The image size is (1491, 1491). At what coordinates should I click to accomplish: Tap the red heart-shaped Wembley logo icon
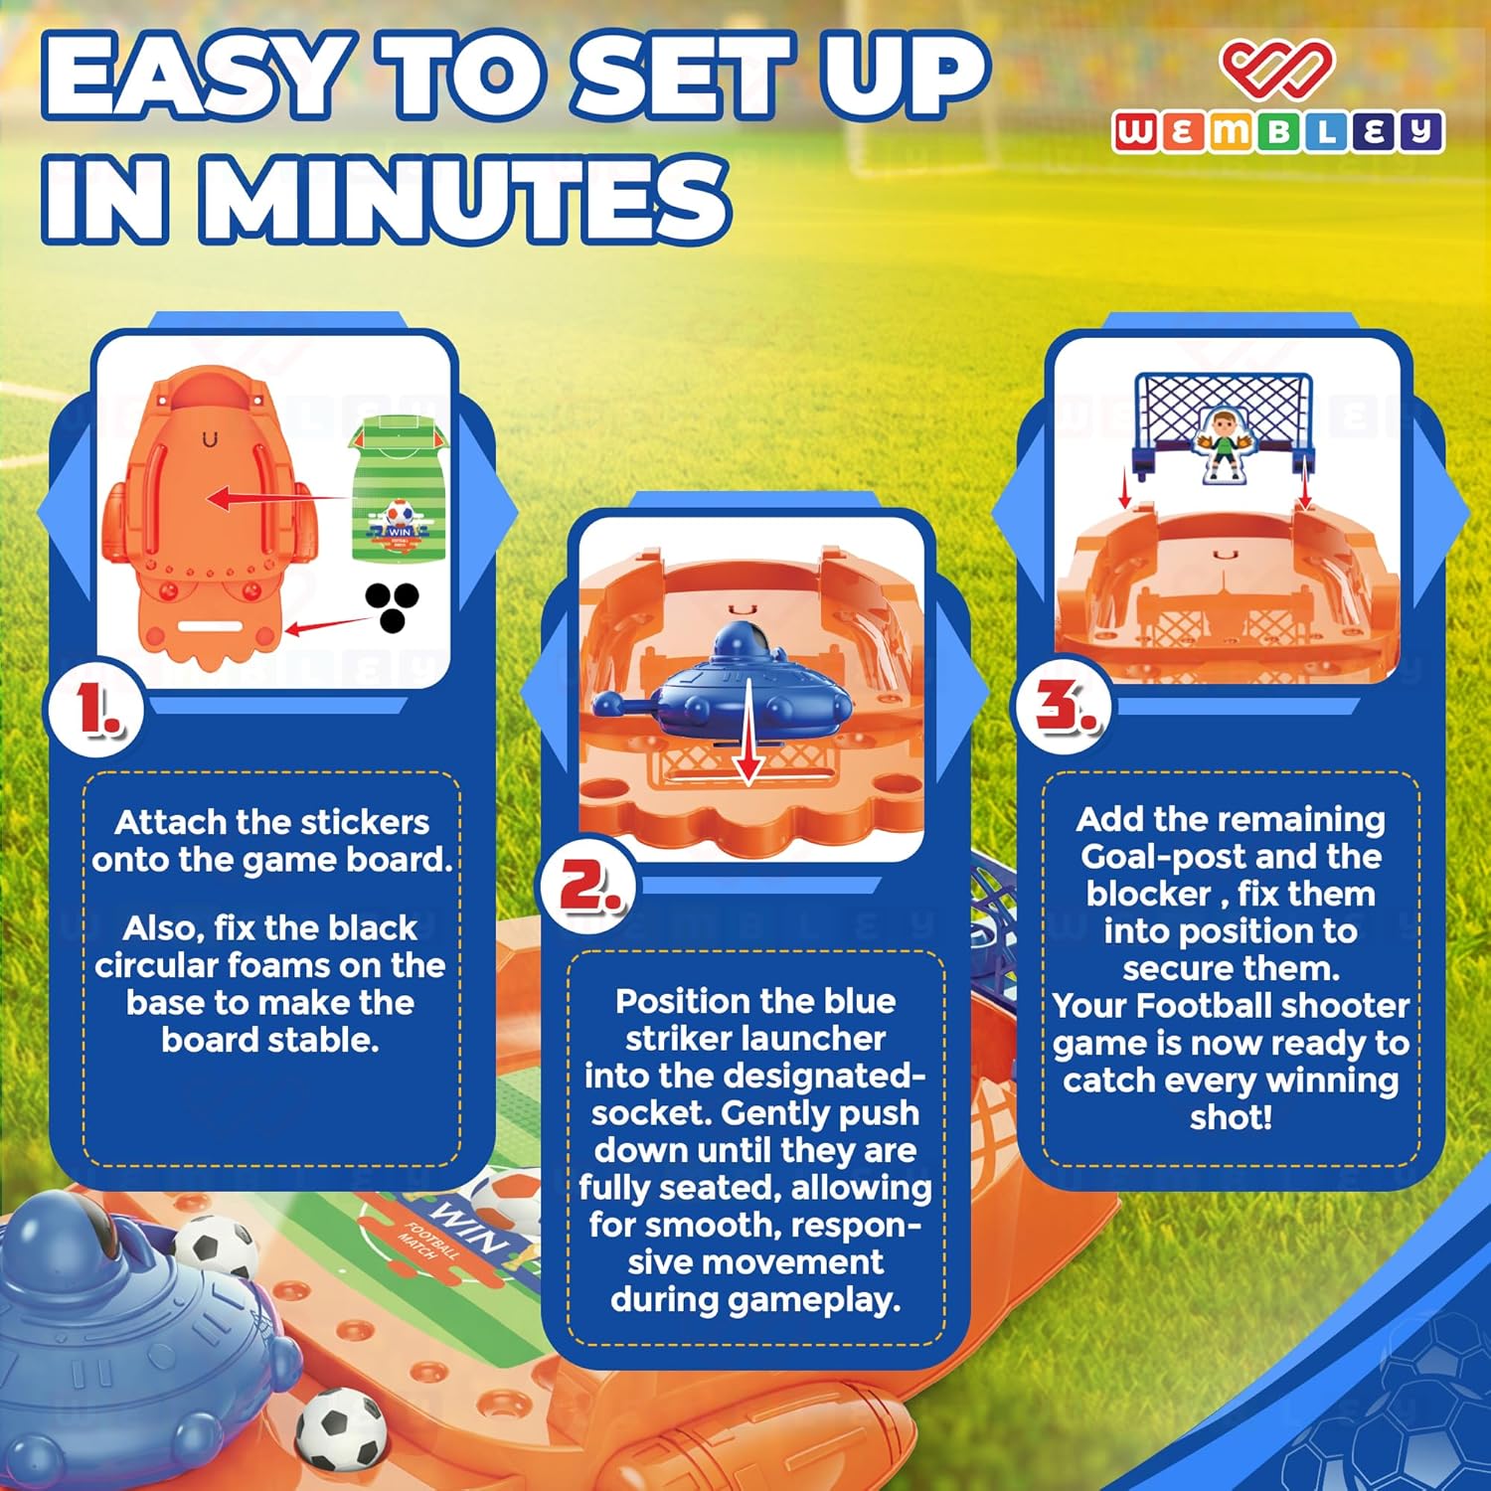click(x=1277, y=67)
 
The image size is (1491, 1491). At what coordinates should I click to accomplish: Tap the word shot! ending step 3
click(x=1231, y=1117)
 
